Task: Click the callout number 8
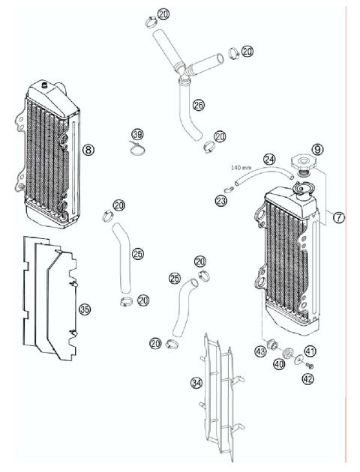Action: coord(88,150)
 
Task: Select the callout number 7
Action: coord(338,218)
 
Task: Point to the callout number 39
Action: coord(136,134)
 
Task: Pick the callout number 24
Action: coord(269,159)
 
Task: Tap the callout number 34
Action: coord(196,382)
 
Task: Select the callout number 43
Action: coord(262,351)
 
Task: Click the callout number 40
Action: coord(278,365)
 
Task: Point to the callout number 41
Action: coord(310,350)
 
